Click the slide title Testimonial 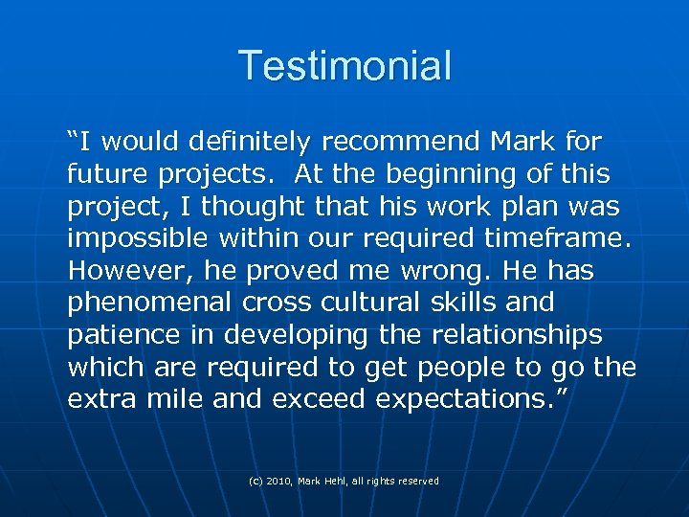tap(344, 66)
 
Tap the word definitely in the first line tap(250, 143)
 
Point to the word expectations tap(465, 400)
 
